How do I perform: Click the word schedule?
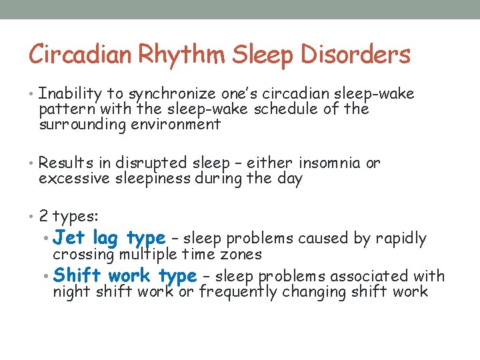pos(284,109)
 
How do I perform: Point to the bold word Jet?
pos(69,237)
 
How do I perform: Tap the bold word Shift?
pos(77,275)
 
